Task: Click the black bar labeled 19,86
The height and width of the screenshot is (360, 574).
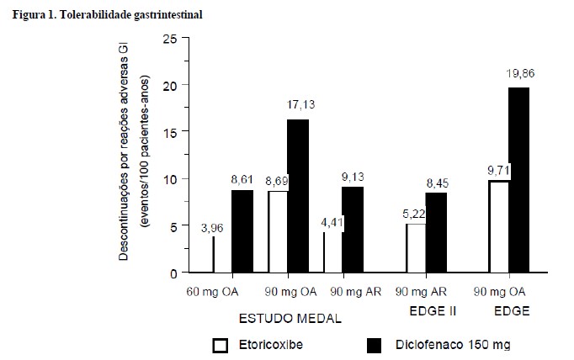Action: pyautogui.click(x=519, y=180)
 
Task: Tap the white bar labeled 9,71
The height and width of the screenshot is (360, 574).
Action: pyautogui.click(x=498, y=226)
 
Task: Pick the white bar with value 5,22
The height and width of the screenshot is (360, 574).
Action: pyautogui.click(x=416, y=248)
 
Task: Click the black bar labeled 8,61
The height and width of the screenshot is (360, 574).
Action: pyautogui.click(x=242, y=231)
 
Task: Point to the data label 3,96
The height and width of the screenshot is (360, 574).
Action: pyautogui.click(x=211, y=227)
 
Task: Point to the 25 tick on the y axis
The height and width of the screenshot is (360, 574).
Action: pyautogui.click(x=170, y=39)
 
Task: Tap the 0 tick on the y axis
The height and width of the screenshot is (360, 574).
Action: pyautogui.click(x=173, y=273)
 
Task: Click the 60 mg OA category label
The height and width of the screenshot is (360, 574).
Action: pyautogui.click(x=213, y=292)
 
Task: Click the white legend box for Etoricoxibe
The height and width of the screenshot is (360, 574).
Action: pyautogui.click(x=221, y=345)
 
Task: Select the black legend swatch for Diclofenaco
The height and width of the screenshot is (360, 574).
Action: pyautogui.click(x=378, y=345)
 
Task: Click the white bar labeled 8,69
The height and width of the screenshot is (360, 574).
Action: pyautogui.click(x=278, y=232)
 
